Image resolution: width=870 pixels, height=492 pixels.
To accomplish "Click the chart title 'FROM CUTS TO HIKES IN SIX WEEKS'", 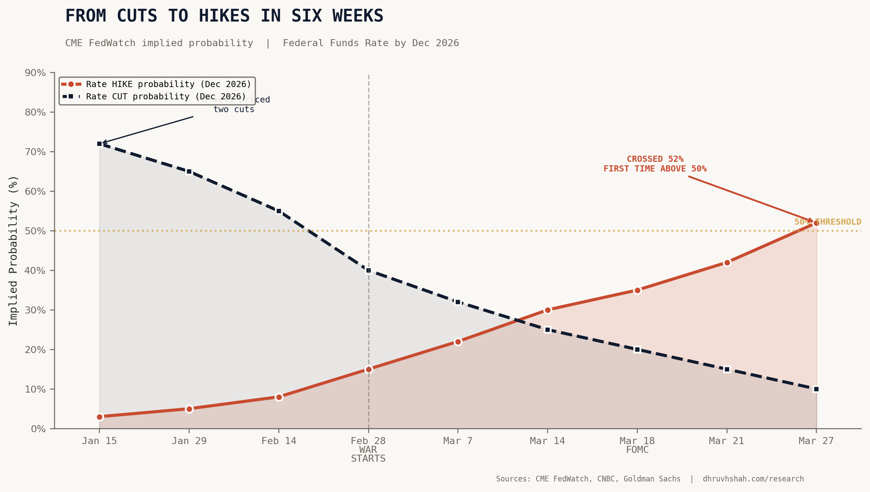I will coord(224,16).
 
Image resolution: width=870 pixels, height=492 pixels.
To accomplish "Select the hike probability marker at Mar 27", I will coord(816,223).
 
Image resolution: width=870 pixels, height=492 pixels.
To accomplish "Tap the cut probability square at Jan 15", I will coord(99,144).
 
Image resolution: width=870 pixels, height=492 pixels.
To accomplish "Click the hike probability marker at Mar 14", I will coord(548,310).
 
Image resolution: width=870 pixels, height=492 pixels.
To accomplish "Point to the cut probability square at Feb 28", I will coord(369,270).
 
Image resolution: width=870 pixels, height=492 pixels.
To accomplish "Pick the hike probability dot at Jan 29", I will coord(189,409).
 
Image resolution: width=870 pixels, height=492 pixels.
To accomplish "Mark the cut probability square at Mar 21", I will coord(727,369).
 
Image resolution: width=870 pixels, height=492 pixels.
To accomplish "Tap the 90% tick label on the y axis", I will coord(35,73).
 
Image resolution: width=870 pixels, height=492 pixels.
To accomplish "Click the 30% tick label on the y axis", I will coord(35,310).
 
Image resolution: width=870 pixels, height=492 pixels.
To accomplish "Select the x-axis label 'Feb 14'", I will coord(279,441).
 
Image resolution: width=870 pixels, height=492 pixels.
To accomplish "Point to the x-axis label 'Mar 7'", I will coord(458,441).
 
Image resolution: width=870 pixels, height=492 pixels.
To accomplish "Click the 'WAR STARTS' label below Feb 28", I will coord(368,454).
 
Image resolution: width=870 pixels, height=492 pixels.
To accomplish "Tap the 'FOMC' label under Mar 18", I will coord(637,450).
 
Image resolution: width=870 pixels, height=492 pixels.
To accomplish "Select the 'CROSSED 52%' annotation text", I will coord(655,159).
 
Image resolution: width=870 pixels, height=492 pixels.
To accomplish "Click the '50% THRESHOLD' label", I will coord(827,222).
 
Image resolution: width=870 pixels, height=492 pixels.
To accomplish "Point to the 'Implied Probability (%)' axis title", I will coord(13,251).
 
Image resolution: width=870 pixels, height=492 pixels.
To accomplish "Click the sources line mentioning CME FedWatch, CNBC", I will coord(650,479).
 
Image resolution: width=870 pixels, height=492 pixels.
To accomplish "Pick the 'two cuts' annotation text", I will coord(234,109).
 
